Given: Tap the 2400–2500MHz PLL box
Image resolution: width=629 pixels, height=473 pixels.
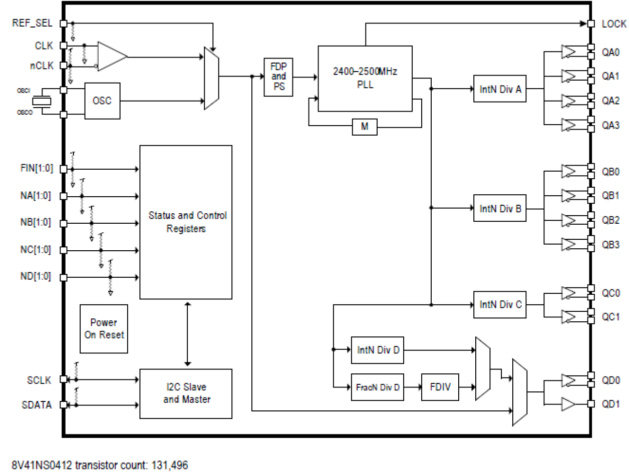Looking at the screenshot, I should (365, 79).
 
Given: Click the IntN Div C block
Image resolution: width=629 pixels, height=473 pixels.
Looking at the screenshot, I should (500, 304).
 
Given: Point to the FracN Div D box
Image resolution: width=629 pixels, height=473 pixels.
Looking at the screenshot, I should (378, 387).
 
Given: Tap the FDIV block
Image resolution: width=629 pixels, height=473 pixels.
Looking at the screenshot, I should (440, 387).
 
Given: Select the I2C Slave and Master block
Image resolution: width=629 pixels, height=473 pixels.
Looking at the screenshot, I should (186, 393).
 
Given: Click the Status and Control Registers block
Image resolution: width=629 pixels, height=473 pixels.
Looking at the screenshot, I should (186, 222).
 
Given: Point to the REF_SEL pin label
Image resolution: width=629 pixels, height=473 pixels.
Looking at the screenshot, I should (31, 23).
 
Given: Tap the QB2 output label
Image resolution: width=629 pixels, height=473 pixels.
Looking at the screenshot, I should (610, 220).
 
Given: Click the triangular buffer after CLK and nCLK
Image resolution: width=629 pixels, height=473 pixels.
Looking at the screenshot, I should (111, 55).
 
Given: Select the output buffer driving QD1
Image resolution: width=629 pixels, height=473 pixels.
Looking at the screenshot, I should (569, 403).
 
